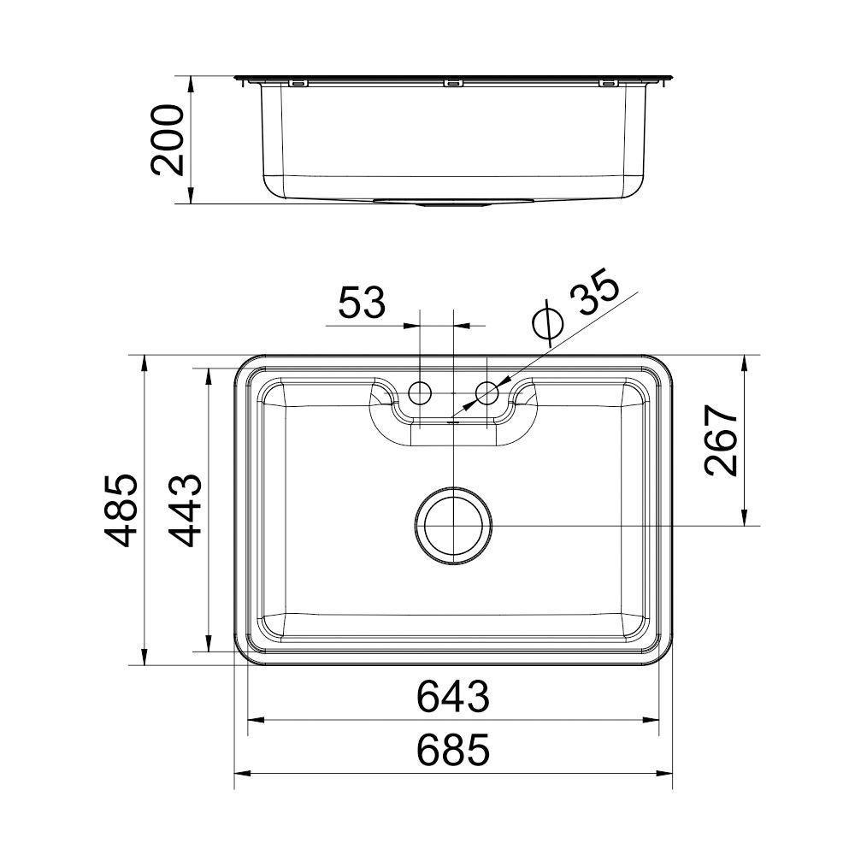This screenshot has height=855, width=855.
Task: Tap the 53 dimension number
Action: click(362, 304)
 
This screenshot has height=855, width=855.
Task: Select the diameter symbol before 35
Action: click(545, 322)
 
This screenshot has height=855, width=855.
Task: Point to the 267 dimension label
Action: click(722, 441)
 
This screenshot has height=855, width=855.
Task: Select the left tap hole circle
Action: click(420, 393)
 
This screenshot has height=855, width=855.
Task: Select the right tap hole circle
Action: click(487, 393)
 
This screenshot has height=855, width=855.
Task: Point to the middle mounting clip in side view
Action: click(453, 83)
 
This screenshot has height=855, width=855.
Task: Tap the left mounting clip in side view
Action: click(297, 83)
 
